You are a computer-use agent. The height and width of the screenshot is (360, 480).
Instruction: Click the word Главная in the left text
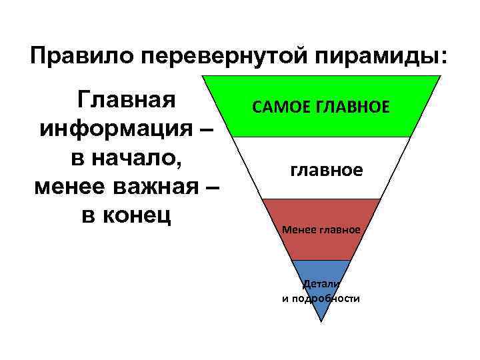[x=127, y=99]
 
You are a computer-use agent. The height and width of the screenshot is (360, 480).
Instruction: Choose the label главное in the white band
[x=327, y=171]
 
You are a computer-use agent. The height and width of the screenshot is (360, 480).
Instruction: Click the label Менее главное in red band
[x=321, y=230]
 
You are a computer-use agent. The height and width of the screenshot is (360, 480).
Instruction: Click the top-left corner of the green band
[x=202, y=75]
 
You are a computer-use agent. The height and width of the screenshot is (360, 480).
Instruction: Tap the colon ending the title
[x=445, y=57]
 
